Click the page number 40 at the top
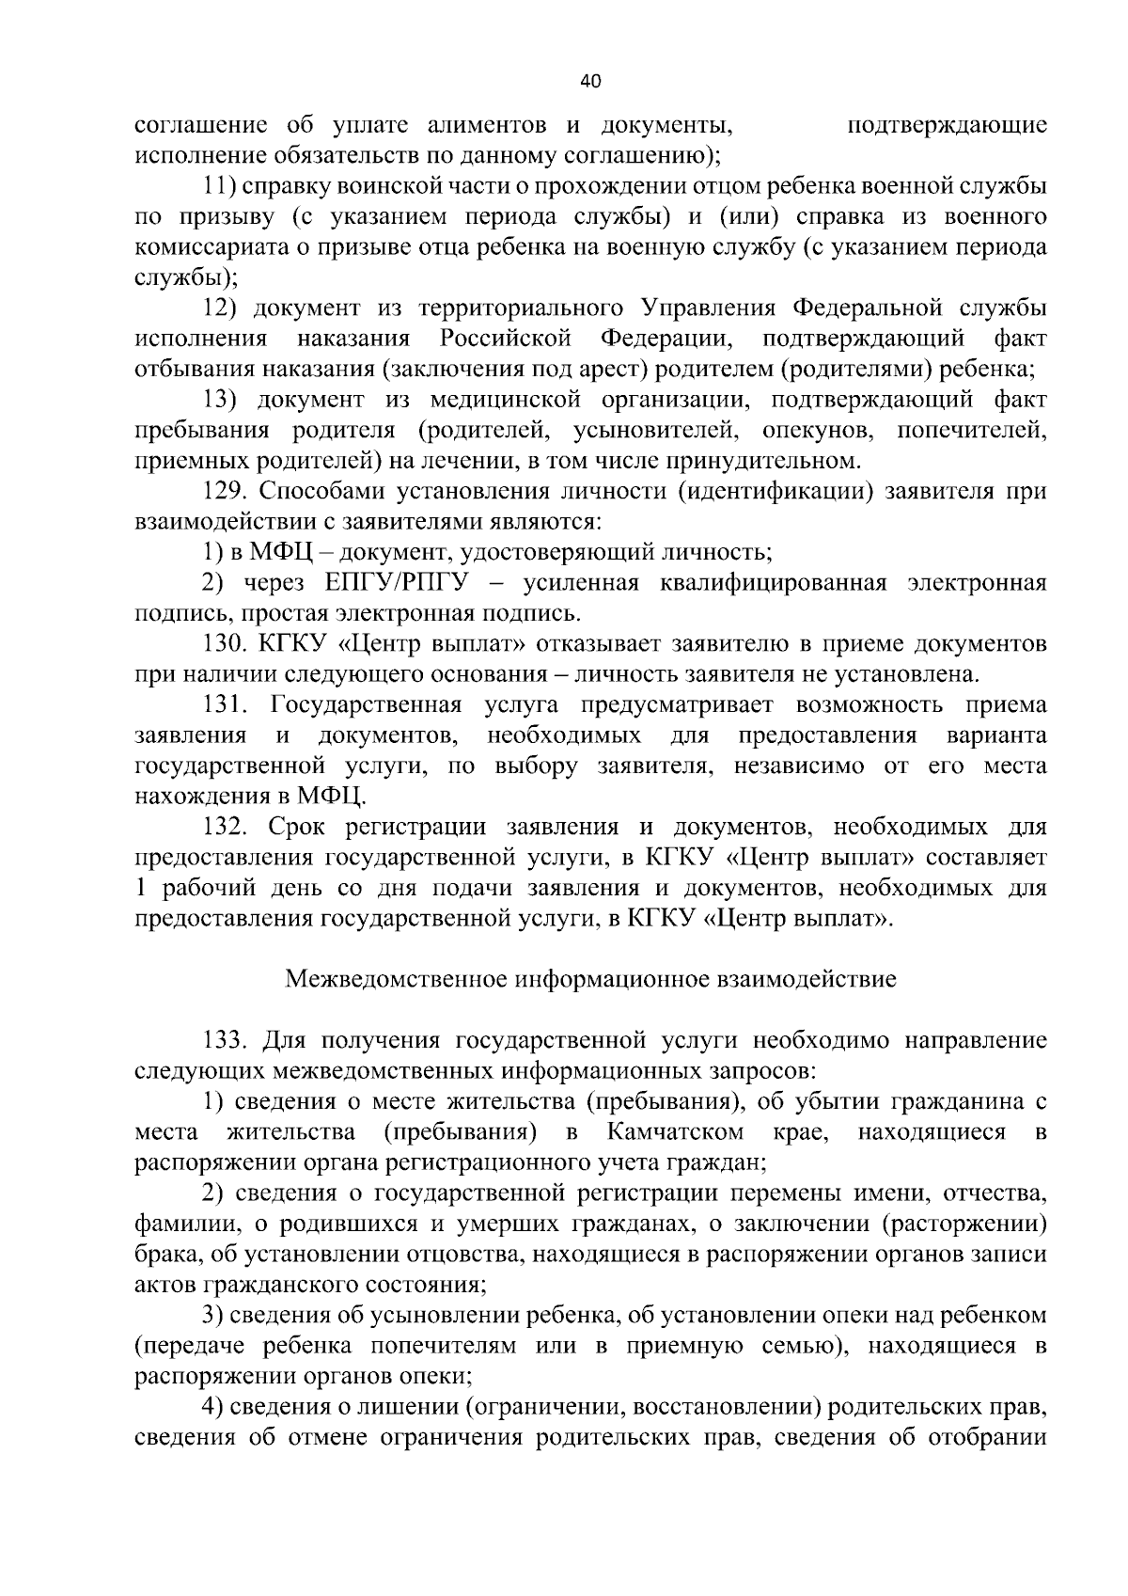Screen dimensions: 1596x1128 590,82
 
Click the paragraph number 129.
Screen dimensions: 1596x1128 225,491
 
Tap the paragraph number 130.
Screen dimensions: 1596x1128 225,644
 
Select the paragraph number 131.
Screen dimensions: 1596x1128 225,705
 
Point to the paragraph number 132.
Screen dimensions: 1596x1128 225,827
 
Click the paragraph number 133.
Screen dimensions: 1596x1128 225,1040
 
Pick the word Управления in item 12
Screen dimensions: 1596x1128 710,308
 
